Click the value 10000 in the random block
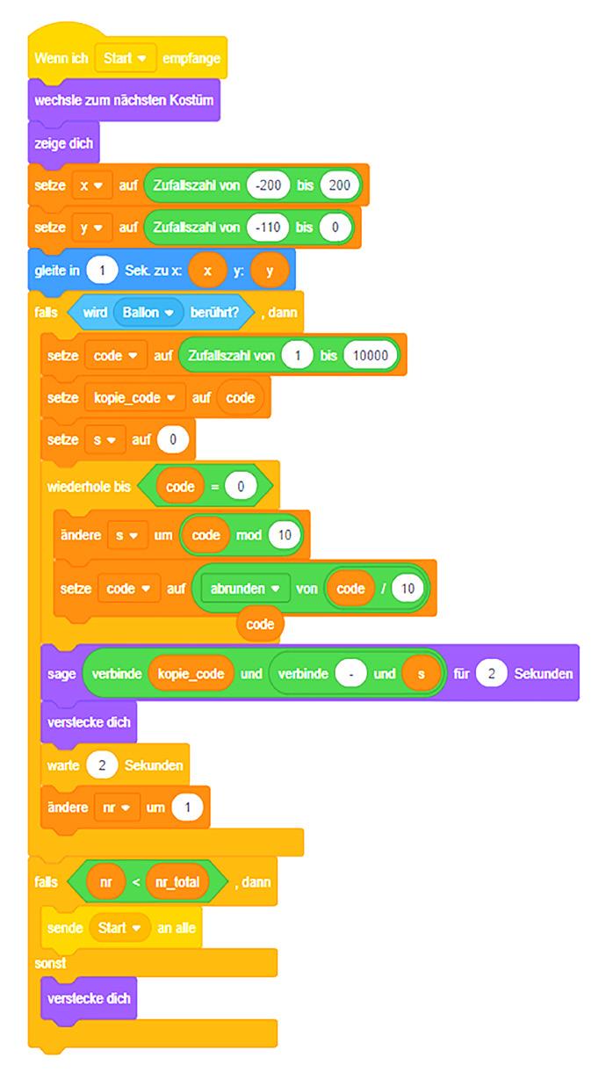(x=371, y=355)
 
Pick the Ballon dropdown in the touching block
(x=147, y=312)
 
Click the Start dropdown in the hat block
(x=126, y=58)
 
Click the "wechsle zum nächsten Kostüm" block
(x=123, y=100)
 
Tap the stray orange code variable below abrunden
(x=260, y=625)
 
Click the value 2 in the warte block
(x=102, y=765)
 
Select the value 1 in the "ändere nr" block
(x=187, y=807)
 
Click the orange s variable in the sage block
(x=422, y=675)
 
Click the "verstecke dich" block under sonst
(x=88, y=998)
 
